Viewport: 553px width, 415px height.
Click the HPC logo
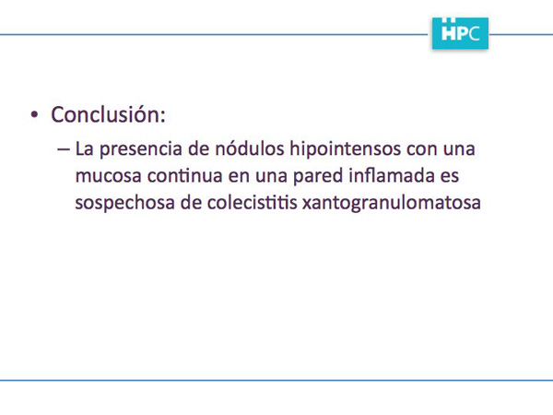460,33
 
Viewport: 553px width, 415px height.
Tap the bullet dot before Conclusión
34,115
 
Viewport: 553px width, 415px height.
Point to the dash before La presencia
64,149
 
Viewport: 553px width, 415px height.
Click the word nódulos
250,148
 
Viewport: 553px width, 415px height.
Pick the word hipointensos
346,149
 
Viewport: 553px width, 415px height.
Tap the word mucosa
109,176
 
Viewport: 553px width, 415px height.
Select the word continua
185,176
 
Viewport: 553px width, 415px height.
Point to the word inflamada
392,175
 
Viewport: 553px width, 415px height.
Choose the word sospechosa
124,203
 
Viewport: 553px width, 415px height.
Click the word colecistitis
252,203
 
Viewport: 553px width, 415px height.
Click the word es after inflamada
450,176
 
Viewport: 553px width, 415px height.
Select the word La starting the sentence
85,148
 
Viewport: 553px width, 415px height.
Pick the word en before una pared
239,176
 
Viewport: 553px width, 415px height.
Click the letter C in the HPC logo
475,33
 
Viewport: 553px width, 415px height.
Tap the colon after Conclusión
162,116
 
